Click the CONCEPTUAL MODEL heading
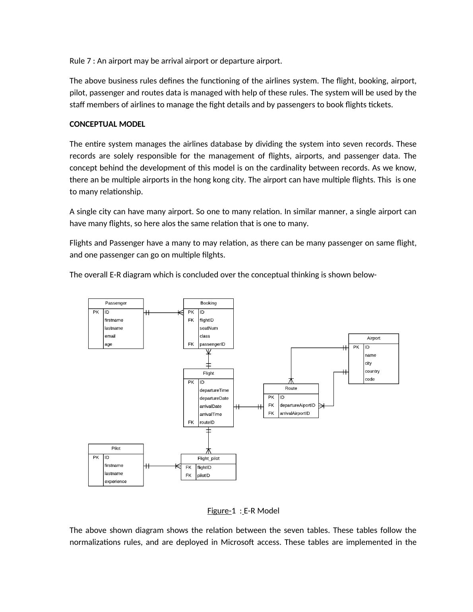point(107,124)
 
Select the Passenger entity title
point(116,303)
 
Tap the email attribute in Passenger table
point(110,336)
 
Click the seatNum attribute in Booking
point(209,328)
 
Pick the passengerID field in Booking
point(212,344)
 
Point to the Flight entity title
point(208,374)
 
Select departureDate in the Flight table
point(214,398)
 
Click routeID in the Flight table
point(207,422)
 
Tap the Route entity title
point(291,388)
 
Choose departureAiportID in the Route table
point(297,405)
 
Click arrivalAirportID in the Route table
point(295,413)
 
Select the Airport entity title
point(374,338)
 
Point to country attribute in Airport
point(372,371)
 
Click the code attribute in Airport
point(370,379)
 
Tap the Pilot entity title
point(116,448)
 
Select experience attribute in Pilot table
point(116,482)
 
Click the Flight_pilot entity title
point(208,459)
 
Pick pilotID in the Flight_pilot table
point(204,476)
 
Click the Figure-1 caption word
point(219,511)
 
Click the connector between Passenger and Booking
point(163,313)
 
